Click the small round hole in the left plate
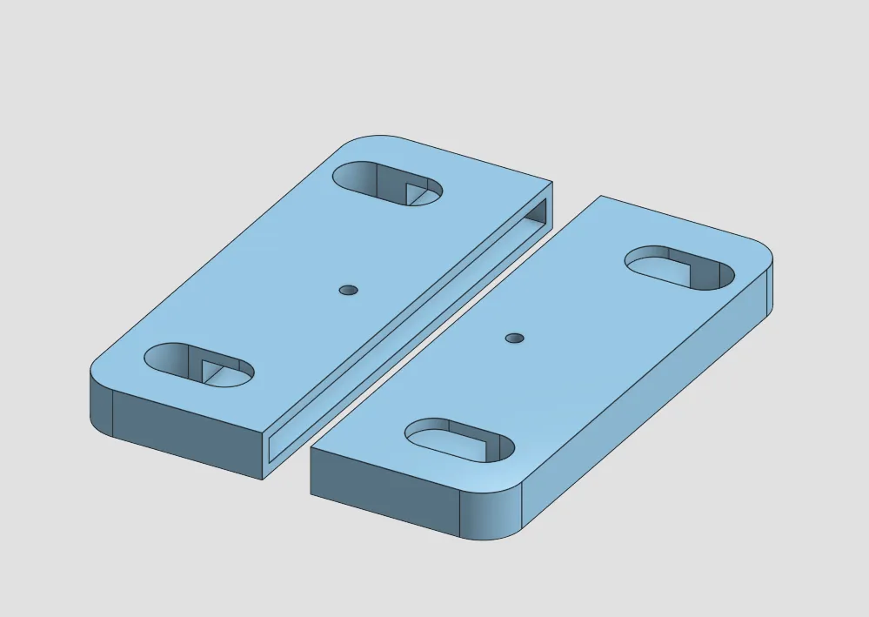350,290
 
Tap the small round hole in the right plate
515,337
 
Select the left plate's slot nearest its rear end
388,183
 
